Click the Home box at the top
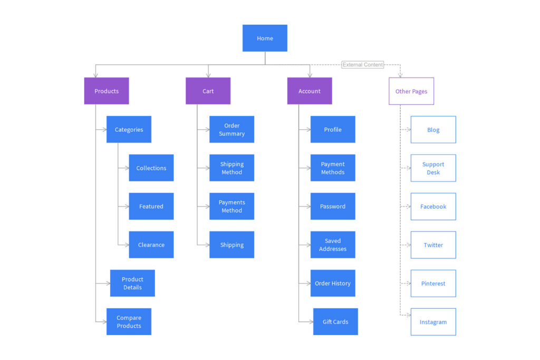[x=265, y=38]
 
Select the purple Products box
[x=107, y=91]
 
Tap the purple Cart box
[x=208, y=91]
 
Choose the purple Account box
[x=310, y=91]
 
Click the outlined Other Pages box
[x=411, y=91]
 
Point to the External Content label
[x=363, y=65]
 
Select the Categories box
[x=129, y=130]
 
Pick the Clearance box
[x=151, y=245]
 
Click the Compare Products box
[x=129, y=322]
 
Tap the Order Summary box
[x=232, y=130]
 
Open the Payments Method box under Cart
[x=232, y=206]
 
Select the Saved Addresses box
[x=333, y=245]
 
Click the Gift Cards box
[x=335, y=322]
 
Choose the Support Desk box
[x=433, y=168]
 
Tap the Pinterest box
[x=433, y=284]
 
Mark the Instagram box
[x=433, y=322]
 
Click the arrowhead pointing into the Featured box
[x=127, y=207]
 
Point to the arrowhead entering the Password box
[x=308, y=207]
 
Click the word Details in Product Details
[x=132, y=288]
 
